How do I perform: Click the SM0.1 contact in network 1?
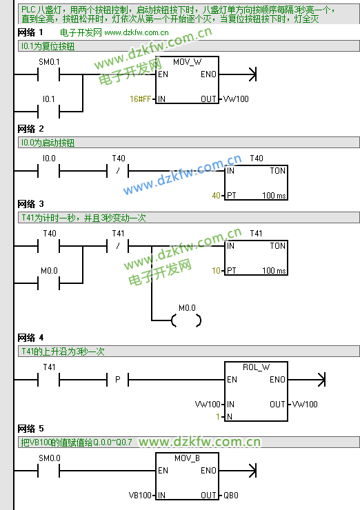click(x=49, y=74)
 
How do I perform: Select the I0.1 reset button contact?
click(x=49, y=112)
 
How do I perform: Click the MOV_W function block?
click(x=187, y=80)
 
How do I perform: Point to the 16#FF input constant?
click(x=140, y=99)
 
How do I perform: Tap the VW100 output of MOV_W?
click(x=236, y=99)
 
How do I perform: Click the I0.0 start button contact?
click(x=49, y=171)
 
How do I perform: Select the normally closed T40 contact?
click(x=118, y=171)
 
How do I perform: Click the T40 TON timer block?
click(x=256, y=183)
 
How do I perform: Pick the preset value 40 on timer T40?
click(x=216, y=196)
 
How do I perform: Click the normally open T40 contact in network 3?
click(x=49, y=246)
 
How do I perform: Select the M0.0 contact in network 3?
click(x=49, y=283)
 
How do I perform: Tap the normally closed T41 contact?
click(x=118, y=246)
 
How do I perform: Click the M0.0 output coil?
click(x=186, y=320)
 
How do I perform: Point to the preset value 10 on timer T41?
click(x=216, y=271)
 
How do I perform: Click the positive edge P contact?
click(x=118, y=380)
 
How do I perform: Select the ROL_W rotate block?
click(x=256, y=391)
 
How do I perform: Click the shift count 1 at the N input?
click(x=218, y=417)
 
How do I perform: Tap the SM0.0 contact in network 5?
click(x=49, y=471)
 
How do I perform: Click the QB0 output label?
click(x=231, y=496)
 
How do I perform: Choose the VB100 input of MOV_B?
click(x=140, y=496)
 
